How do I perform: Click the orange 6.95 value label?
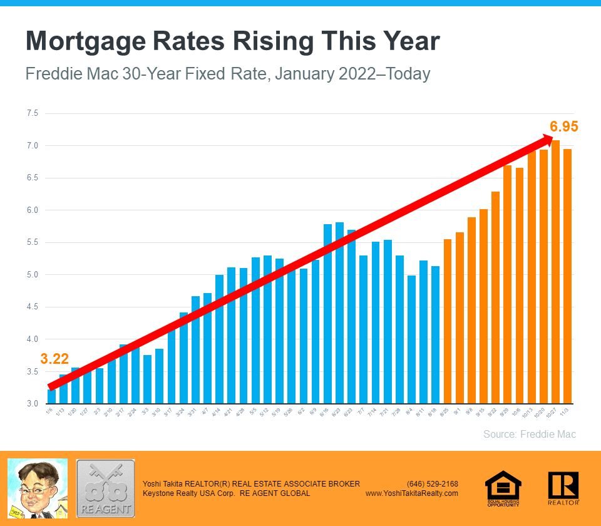[x=563, y=126]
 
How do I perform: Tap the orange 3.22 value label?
[x=54, y=359]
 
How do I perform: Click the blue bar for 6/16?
[x=327, y=313]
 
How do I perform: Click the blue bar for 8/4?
[x=411, y=339]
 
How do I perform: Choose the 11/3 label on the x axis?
[x=567, y=413]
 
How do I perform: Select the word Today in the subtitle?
[x=408, y=74]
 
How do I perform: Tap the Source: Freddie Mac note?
[x=529, y=434]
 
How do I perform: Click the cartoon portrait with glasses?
[x=38, y=488]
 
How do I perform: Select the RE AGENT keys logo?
[x=105, y=488]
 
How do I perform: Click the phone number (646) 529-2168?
[x=432, y=484]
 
